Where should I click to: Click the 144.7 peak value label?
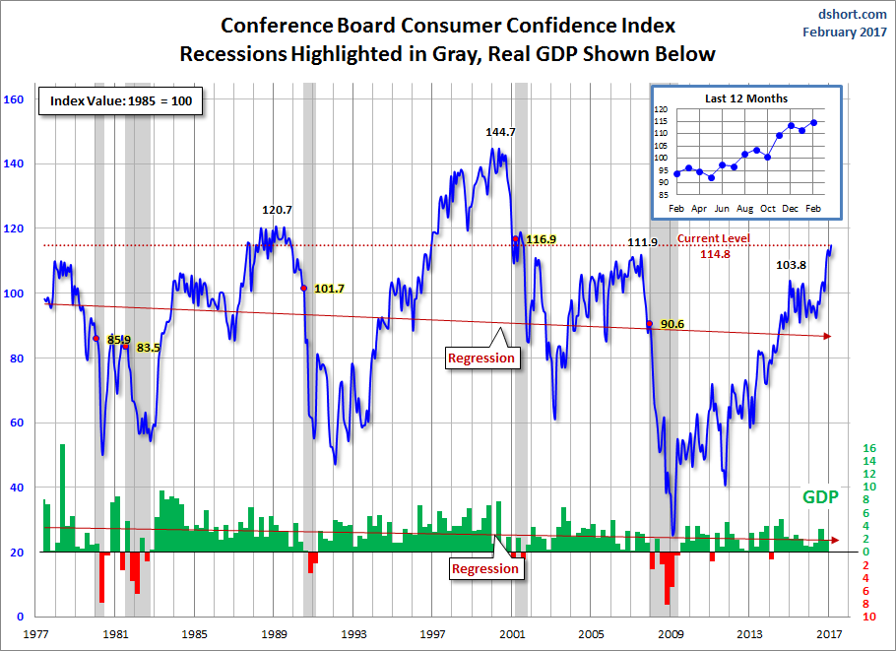coord(501,131)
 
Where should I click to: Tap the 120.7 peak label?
coord(278,210)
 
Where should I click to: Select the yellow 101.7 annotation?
coord(329,289)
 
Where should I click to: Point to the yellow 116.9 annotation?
coord(542,239)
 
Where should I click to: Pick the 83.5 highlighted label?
coord(148,348)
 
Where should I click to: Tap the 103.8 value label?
coord(792,266)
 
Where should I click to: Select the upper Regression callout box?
coord(481,358)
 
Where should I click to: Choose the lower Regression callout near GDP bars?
coord(484,568)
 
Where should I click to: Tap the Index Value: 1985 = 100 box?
coord(121,102)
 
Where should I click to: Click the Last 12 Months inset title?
coord(745,98)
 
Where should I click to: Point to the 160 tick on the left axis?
coord(15,99)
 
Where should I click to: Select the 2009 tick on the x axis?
coord(672,634)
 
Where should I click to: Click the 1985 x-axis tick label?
coord(195,634)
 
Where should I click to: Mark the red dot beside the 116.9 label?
coord(516,238)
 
